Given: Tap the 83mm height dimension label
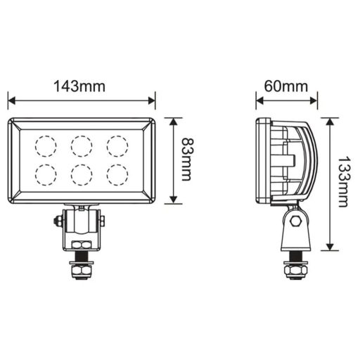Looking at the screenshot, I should coord(186,161).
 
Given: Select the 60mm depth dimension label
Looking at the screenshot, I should coord(286,86).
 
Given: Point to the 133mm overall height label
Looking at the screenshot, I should coord(342,182).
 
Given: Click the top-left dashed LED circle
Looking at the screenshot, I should coord(46,146).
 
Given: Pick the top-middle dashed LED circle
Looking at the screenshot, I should coord(82,146).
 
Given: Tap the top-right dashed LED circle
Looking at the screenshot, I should coord(117,146).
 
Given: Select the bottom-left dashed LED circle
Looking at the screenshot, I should coord(46,174).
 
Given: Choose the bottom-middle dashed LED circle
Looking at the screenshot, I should coord(82,174).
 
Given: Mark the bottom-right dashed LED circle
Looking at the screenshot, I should coord(117,174).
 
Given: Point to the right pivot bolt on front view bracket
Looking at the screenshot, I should coord(103,221).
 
